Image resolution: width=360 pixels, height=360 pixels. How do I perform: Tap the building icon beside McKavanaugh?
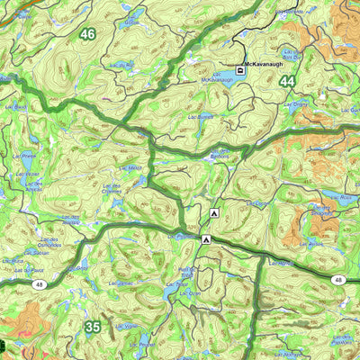[240, 69]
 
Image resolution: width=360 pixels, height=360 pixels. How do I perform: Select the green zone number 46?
[86, 34]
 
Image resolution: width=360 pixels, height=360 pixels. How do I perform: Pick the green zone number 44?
[287, 81]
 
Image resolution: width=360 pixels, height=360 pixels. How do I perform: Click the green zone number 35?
[92, 327]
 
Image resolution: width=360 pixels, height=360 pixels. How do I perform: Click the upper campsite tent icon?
[214, 213]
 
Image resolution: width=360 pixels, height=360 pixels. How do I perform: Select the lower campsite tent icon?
[206, 239]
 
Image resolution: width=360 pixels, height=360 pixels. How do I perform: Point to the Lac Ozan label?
[189, 293]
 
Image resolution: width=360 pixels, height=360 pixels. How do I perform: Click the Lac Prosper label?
[142, 343]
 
